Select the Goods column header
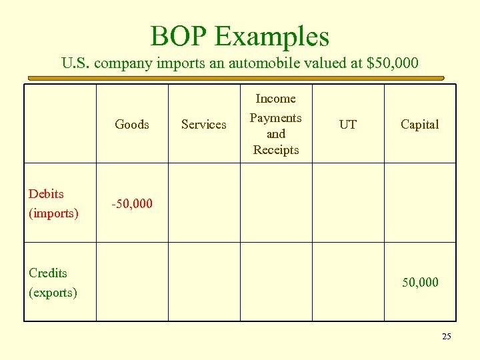click(132, 124)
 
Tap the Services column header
click(204, 124)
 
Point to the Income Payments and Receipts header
click(276, 124)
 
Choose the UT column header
click(348, 124)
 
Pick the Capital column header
click(420, 124)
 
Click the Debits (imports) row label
click(53, 203)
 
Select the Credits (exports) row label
click(53, 282)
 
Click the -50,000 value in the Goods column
click(132, 203)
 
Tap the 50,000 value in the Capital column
click(420, 283)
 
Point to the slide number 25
click(446, 337)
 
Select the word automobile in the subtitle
click(274, 64)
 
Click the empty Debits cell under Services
click(204, 203)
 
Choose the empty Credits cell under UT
click(348, 282)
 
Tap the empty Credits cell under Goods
click(132, 282)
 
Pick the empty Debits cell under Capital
click(420, 203)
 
